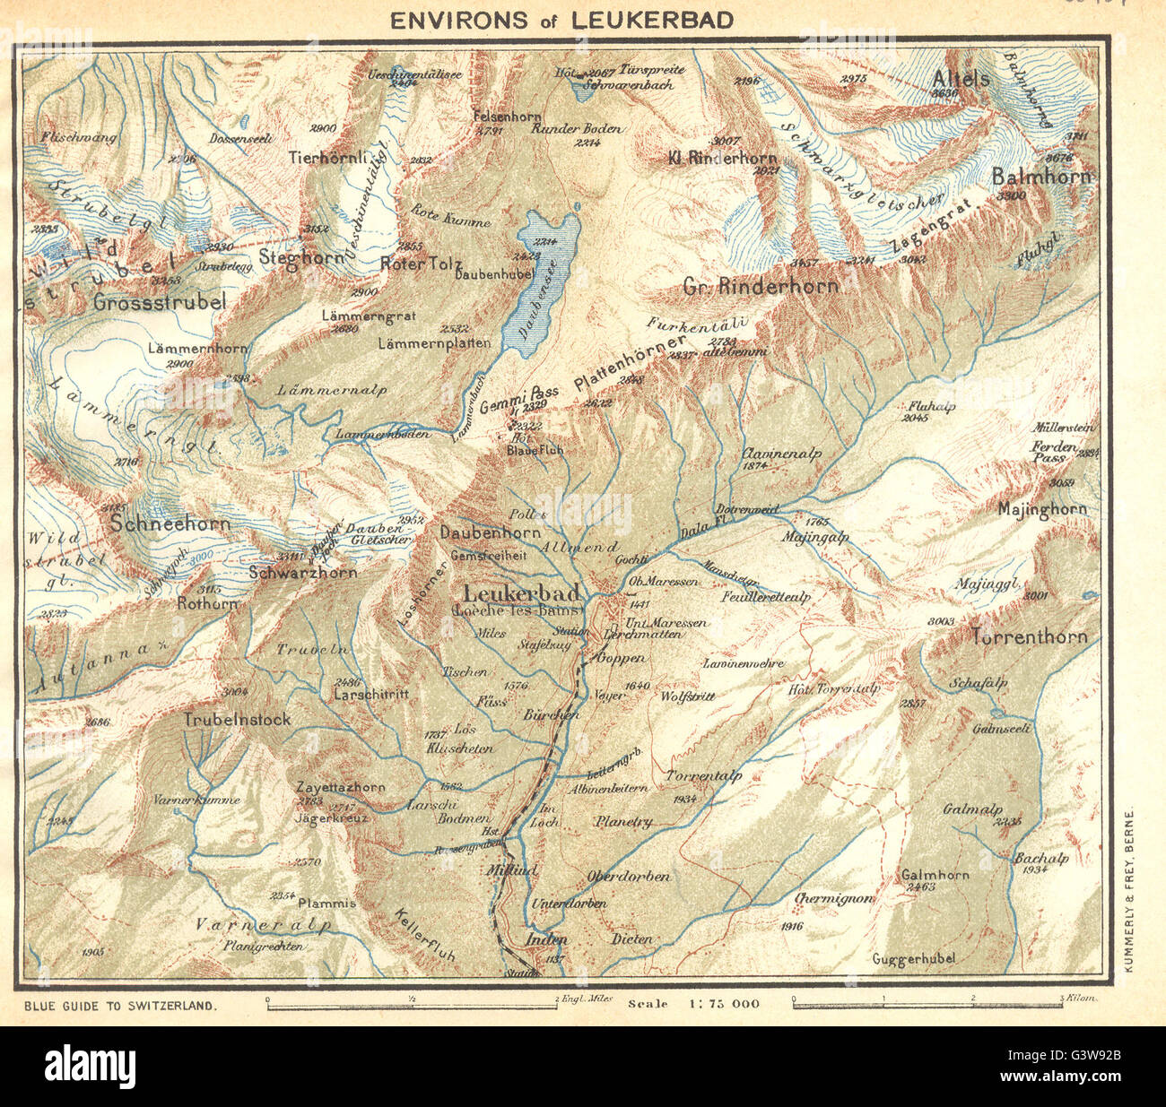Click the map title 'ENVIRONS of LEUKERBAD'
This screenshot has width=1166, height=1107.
point(561,19)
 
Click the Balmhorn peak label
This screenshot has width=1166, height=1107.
point(1042,177)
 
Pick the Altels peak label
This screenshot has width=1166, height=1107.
point(961,78)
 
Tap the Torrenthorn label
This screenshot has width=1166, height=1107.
point(1029,637)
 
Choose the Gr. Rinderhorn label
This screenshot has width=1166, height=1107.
point(761,287)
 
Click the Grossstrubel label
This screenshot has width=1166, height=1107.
point(159,302)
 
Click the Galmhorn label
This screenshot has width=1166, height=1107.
point(935,875)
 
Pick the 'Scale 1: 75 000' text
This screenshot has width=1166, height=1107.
point(694,1003)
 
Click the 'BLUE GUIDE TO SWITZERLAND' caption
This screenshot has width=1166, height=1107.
point(122,1006)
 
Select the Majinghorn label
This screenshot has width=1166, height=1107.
point(1042,509)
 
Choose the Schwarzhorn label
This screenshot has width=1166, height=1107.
point(303,572)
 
